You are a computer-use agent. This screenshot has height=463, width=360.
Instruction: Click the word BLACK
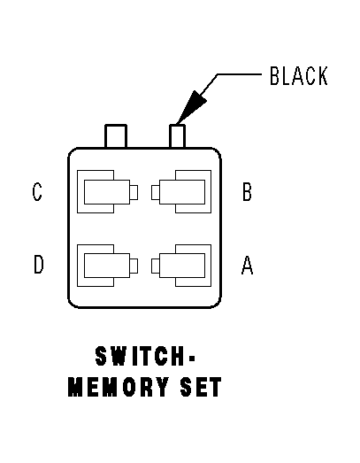298,77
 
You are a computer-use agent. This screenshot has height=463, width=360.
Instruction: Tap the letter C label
37,192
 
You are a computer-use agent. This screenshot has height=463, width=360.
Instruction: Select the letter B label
247,192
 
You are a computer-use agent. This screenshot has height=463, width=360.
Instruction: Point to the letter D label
38,265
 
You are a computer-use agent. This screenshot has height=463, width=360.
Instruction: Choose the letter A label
248,265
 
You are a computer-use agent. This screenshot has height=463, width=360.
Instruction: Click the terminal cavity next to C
104,191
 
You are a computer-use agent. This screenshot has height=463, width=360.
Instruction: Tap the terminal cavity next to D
104,265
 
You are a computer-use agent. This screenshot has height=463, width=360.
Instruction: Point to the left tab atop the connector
116,136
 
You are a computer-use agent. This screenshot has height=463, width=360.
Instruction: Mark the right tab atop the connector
178,136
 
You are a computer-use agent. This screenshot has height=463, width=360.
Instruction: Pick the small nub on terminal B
155,191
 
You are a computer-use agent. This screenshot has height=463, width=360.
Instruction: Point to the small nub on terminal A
155,265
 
